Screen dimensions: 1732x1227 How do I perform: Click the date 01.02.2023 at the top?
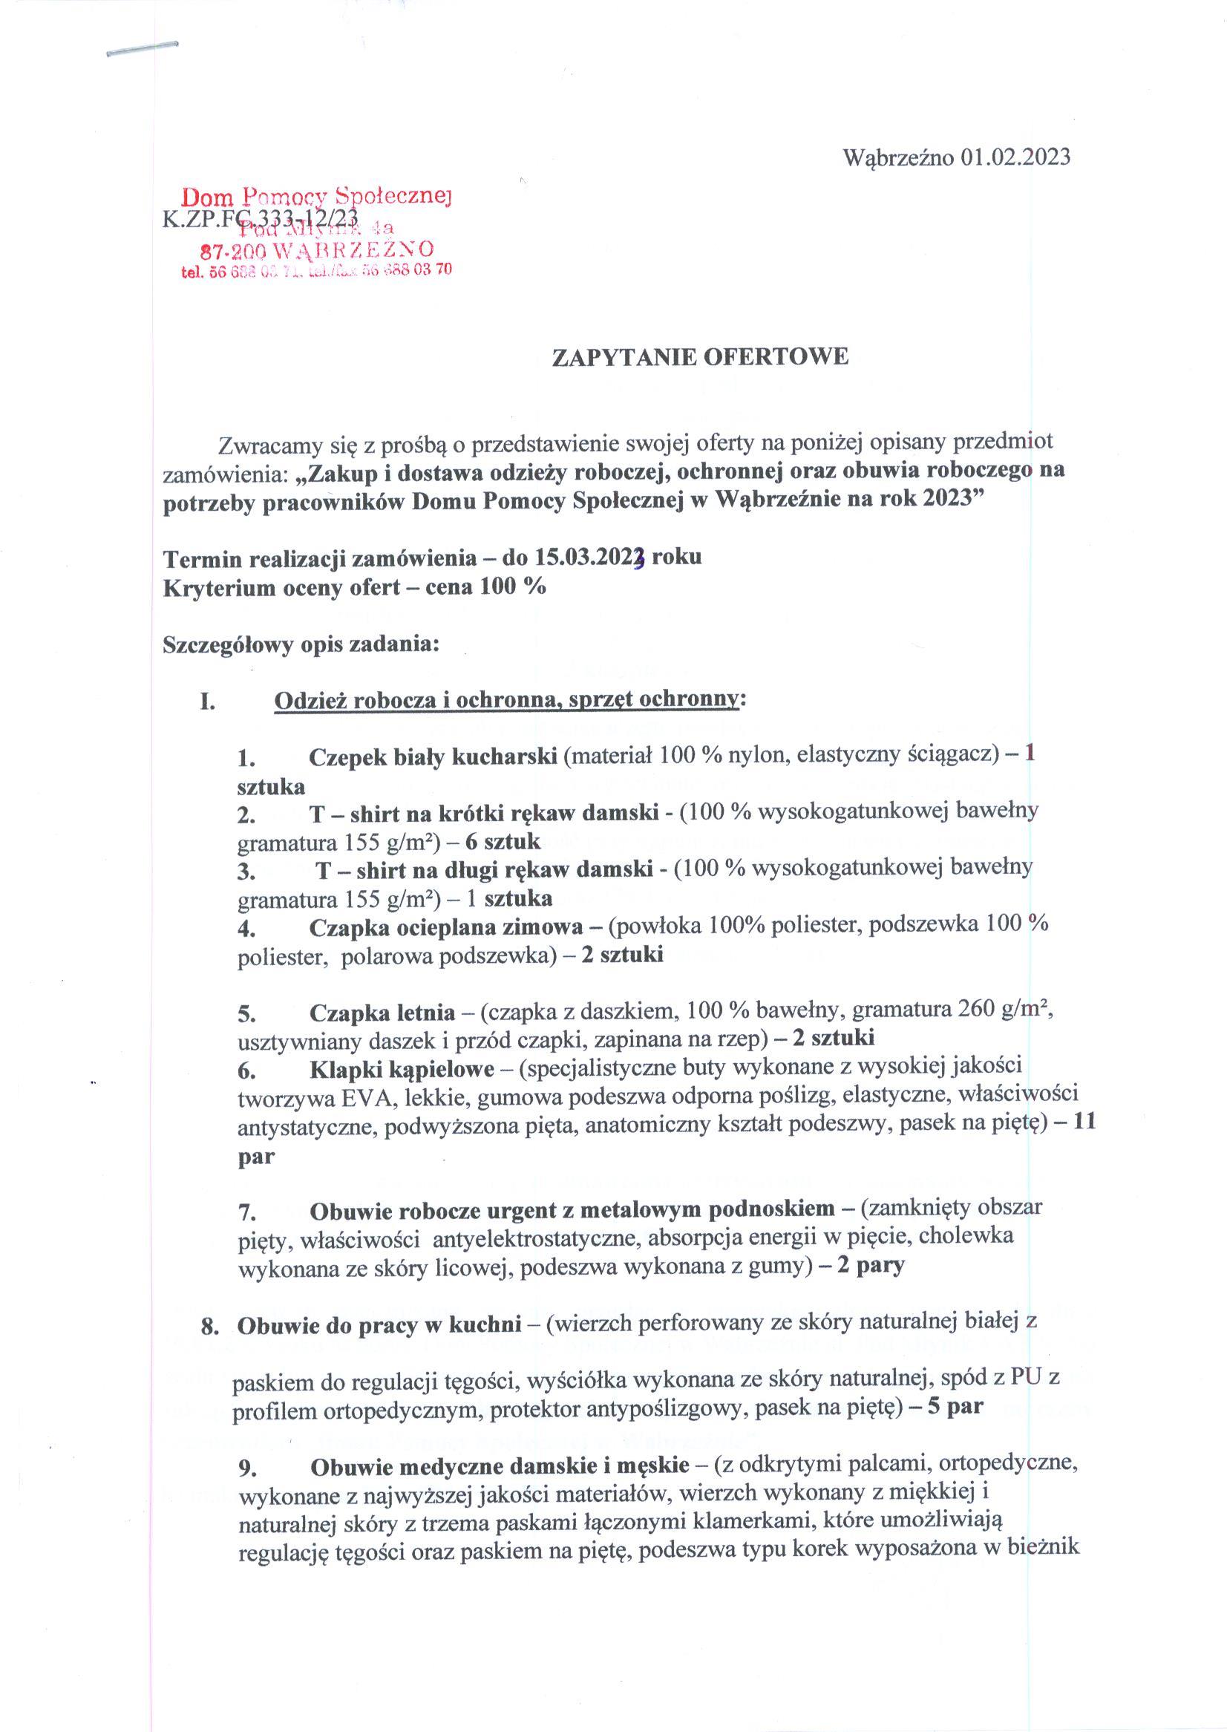click(1015, 157)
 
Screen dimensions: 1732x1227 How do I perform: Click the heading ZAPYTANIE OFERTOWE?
click(701, 356)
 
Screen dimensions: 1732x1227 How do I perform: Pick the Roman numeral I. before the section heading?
click(208, 701)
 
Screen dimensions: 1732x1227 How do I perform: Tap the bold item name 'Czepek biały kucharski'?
click(433, 756)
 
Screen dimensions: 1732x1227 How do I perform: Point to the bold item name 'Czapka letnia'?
click(382, 1012)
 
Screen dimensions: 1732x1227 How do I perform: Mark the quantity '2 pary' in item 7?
click(871, 1265)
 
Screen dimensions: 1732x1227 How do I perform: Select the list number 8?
click(209, 1327)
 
